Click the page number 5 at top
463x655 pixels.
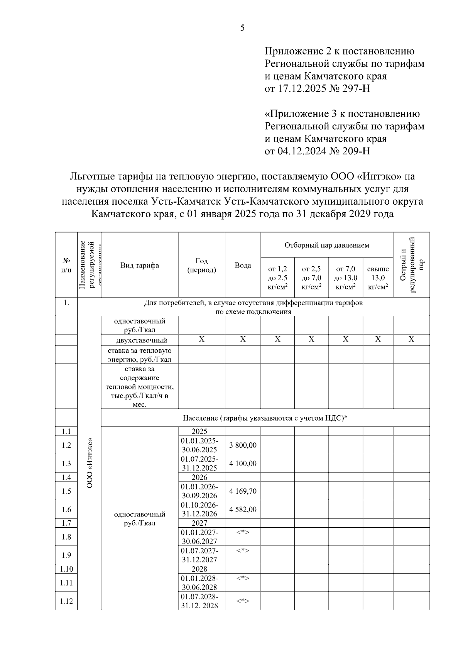coord(242,28)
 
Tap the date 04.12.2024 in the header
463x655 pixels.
coord(301,151)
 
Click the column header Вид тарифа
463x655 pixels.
coord(139,265)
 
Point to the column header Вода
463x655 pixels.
coord(243,265)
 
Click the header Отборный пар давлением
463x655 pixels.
coord(326,245)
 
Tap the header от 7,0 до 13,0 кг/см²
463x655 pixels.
coord(345,278)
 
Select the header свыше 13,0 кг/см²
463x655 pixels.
coord(378,278)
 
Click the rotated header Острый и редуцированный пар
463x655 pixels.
coord(411,265)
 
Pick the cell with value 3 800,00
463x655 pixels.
coord(243,445)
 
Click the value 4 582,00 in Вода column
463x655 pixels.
coord(243,509)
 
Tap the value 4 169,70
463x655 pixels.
coord(243,491)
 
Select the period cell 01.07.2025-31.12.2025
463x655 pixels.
coord(199,464)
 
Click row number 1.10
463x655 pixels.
coord(66,569)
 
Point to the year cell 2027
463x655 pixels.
coord(199,523)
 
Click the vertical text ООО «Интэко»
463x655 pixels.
coord(90,463)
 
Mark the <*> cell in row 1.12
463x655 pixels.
coord(243,601)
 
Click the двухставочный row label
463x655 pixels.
coord(142,340)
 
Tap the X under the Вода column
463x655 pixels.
coord(243,339)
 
